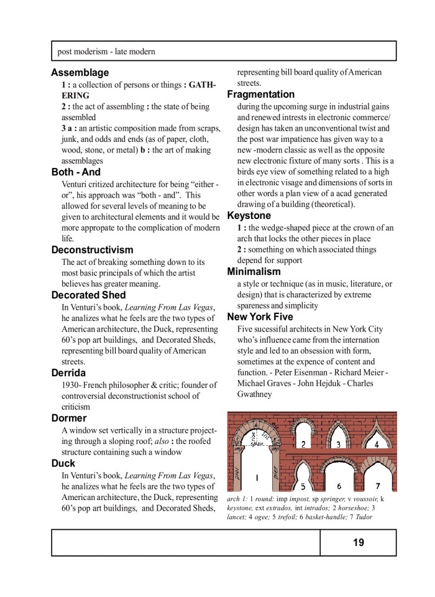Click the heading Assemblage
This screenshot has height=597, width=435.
click(x=80, y=73)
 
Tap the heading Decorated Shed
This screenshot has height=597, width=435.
click(x=88, y=295)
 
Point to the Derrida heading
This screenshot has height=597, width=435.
click(x=68, y=373)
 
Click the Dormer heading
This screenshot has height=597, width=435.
click(x=69, y=419)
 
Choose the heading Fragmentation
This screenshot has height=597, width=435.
click(x=260, y=95)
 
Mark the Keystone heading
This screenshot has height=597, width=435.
click(x=249, y=216)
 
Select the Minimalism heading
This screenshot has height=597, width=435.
click(x=254, y=272)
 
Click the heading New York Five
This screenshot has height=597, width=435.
click(x=260, y=317)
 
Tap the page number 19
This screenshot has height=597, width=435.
click(x=359, y=542)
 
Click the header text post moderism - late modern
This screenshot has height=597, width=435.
click(x=106, y=52)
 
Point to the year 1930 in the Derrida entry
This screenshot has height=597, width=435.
click(x=70, y=385)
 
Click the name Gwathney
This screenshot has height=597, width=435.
click(x=254, y=394)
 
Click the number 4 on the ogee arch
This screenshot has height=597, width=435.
click(x=377, y=445)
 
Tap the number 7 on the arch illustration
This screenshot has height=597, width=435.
click(x=378, y=485)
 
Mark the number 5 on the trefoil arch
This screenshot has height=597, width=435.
click(x=303, y=486)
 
